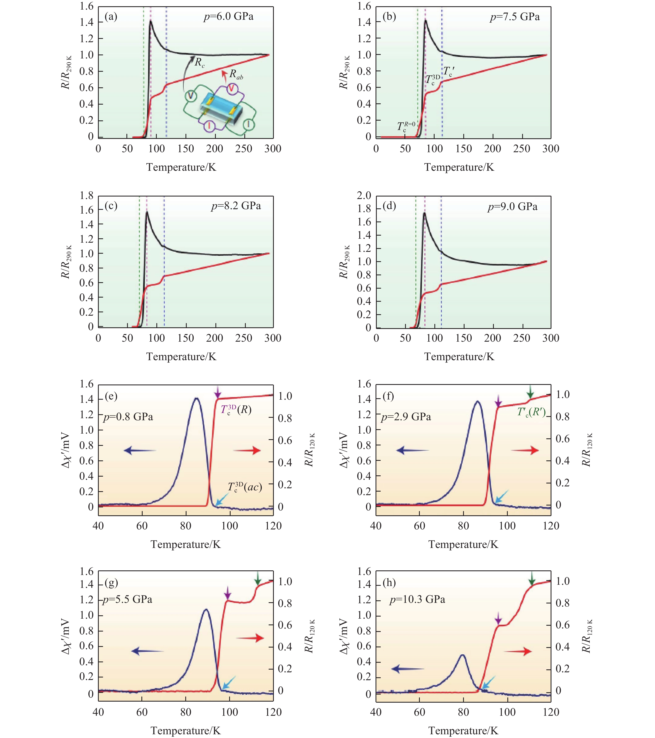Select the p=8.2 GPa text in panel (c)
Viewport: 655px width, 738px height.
click(236, 206)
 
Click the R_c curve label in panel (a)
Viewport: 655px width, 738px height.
click(199, 62)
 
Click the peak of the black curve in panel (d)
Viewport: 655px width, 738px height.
click(424, 213)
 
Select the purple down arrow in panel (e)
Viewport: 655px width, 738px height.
click(217, 392)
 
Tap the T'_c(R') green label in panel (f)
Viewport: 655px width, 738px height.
click(531, 412)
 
